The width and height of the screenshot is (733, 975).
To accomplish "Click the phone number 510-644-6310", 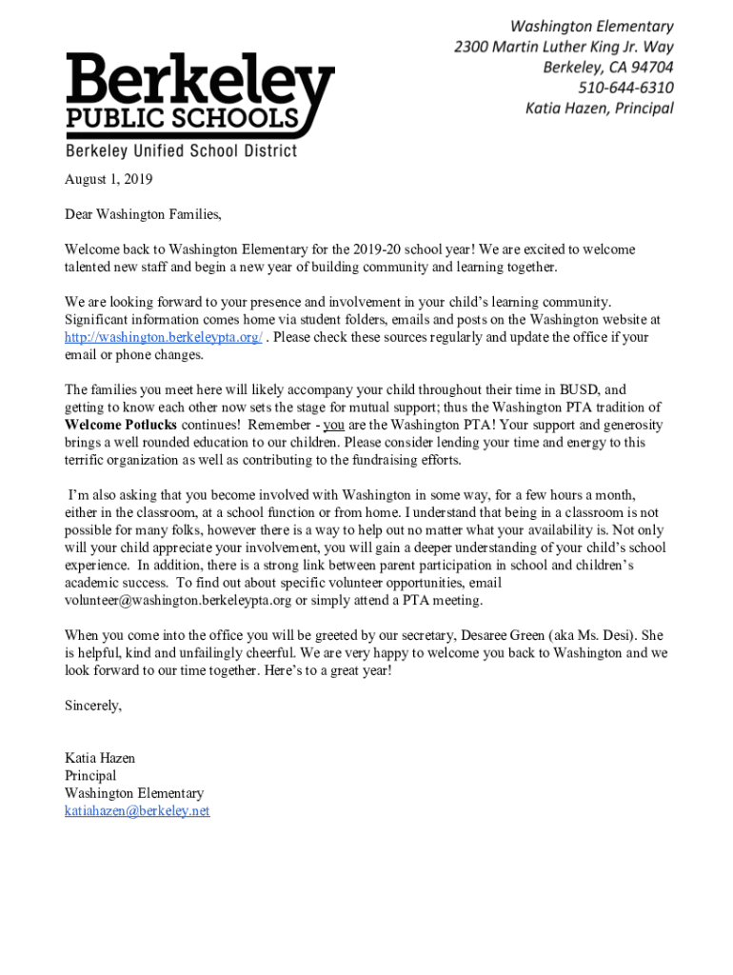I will [x=625, y=88].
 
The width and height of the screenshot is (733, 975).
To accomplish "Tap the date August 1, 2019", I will [x=109, y=179].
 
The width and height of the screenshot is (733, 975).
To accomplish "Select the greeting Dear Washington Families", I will [x=143, y=214].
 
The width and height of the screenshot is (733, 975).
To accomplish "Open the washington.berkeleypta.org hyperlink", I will [x=163, y=337].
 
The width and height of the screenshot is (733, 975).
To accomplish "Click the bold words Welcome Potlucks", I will [x=120, y=425].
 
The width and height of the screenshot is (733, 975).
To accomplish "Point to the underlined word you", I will [x=333, y=425].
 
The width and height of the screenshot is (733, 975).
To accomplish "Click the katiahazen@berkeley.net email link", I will [x=137, y=811].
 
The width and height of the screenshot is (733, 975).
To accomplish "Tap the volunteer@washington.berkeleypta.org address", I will [x=178, y=600].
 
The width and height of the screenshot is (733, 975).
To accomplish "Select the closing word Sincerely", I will [x=93, y=706].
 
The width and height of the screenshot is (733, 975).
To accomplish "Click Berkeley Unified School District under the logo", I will [x=181, y=151].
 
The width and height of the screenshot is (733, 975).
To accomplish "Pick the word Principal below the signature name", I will [x=90, y=776].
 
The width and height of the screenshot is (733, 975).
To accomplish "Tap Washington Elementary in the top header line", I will [x=591, y=27].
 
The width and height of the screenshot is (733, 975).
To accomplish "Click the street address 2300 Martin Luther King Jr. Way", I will [x=563, y=47].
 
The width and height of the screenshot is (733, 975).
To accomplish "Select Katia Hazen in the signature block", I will [x=100, y=758].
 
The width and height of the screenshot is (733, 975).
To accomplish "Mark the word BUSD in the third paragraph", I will [x=578, y=389].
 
